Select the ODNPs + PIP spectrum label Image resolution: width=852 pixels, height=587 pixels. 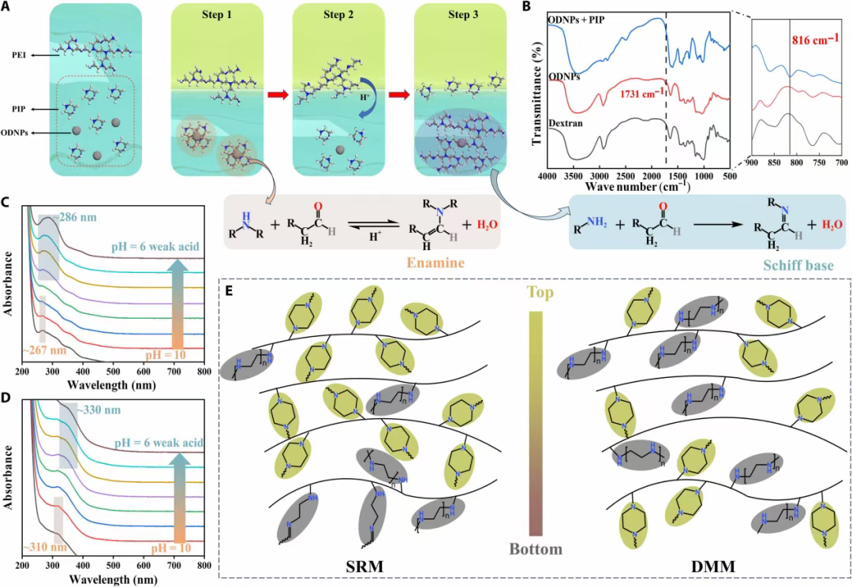[x=584, y=10]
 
